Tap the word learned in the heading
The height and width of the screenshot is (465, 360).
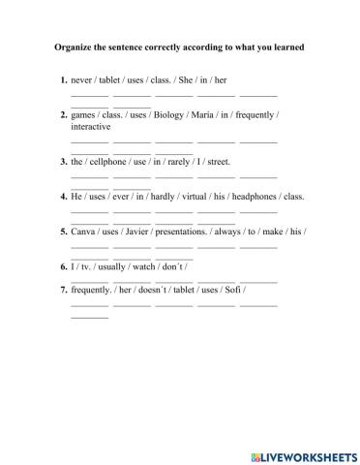point(284,45)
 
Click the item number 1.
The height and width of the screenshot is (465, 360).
point(63,79)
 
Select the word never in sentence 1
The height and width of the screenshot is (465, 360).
point(83,79)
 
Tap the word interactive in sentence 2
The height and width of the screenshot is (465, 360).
point(91,127)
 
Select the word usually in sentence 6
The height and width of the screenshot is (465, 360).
point(106,266)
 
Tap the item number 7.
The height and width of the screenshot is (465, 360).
point(63,290)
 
